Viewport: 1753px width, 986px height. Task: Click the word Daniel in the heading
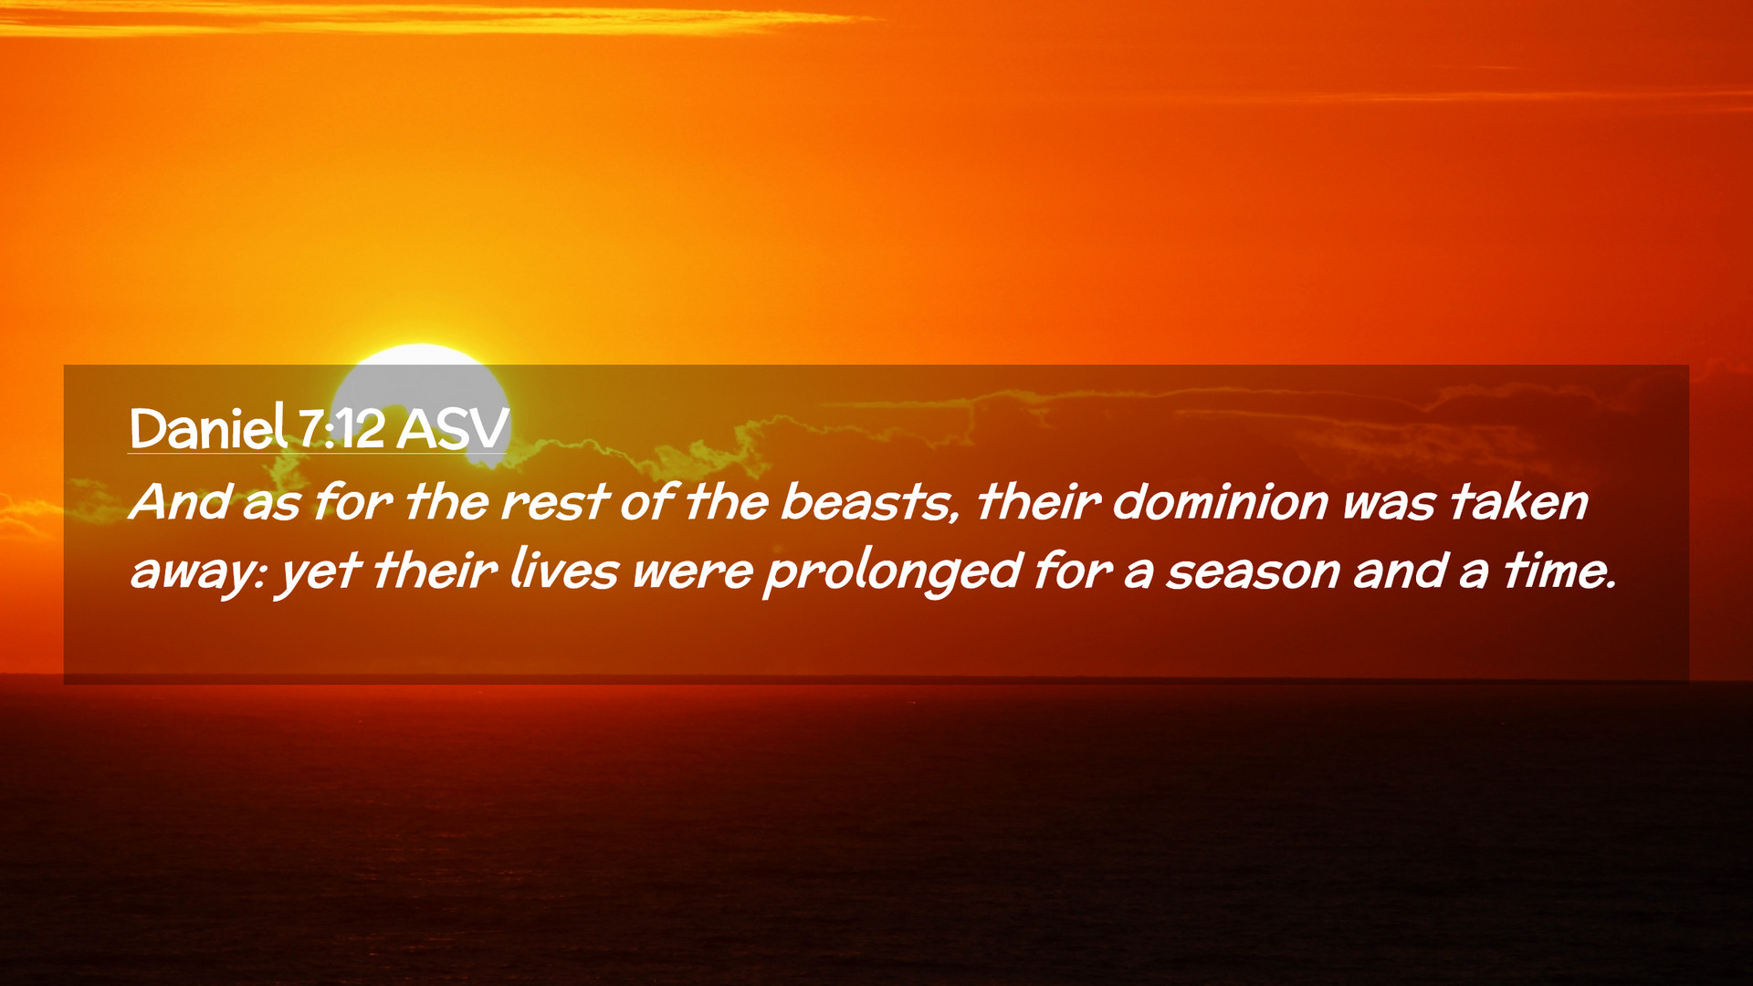coord(208,427)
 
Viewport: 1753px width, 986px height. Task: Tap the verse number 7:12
coord(341,429)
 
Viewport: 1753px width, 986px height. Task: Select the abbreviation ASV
coord(453,429)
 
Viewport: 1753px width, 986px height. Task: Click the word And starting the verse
coord(180,502)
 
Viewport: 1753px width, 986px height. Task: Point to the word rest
coord(555,502)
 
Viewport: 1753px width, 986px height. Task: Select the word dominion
coord(1220,502)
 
